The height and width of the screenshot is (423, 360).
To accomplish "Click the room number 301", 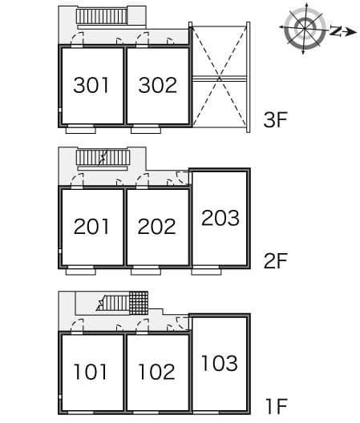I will [91, 85].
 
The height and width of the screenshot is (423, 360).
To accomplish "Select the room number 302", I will [157, 85].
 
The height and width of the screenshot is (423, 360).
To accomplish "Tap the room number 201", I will [91, 227].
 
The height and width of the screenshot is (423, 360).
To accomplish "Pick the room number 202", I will [157, 227].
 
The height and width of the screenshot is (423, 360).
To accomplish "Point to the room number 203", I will [220, 217].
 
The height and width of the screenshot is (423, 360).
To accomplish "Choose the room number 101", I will [91, 372].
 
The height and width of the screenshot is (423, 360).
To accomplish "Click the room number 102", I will [157, 372].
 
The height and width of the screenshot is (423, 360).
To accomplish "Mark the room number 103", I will [220, 363].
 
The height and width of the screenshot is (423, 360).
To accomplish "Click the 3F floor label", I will [275, 122].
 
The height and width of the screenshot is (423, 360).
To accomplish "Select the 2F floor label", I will [275, 261].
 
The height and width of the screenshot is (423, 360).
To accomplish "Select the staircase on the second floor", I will [102, 157].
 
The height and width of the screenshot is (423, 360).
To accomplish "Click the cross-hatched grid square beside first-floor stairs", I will [139, 303].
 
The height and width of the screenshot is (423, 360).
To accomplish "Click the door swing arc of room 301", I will [78, 38].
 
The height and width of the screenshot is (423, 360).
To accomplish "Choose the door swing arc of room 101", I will [78, 325].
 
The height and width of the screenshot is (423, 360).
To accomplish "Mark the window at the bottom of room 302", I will [144, 128].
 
